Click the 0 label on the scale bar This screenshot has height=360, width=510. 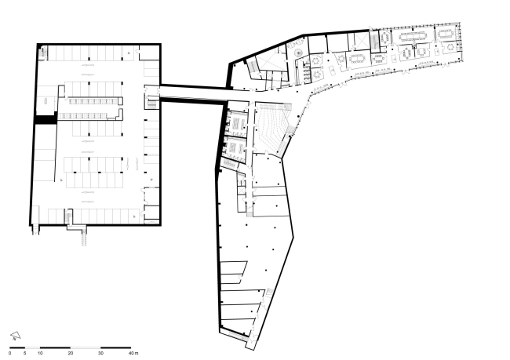point(10,353)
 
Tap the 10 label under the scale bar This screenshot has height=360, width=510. point(40,353)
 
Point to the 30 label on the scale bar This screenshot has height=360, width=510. point(101,353)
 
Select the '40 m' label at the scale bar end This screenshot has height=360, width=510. point(133,353)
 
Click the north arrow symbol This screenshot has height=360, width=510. point(15,336)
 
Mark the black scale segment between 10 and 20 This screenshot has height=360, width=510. point(55,347)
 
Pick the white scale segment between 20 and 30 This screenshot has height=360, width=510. point(86,347)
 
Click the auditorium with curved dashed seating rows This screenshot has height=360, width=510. point(272,127)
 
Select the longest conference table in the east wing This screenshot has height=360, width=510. point(412,36)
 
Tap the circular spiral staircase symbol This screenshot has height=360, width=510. point(298,53)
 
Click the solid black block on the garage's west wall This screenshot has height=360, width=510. point(46,120)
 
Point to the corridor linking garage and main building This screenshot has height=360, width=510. point(194,93)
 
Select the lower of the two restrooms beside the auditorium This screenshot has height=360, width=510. point(236,147)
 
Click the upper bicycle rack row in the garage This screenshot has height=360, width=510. point(93,101)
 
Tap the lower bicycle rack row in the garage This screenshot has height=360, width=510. point(83,115)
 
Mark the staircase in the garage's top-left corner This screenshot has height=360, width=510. point(43,53)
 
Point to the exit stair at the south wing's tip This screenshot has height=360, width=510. point(250,340)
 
